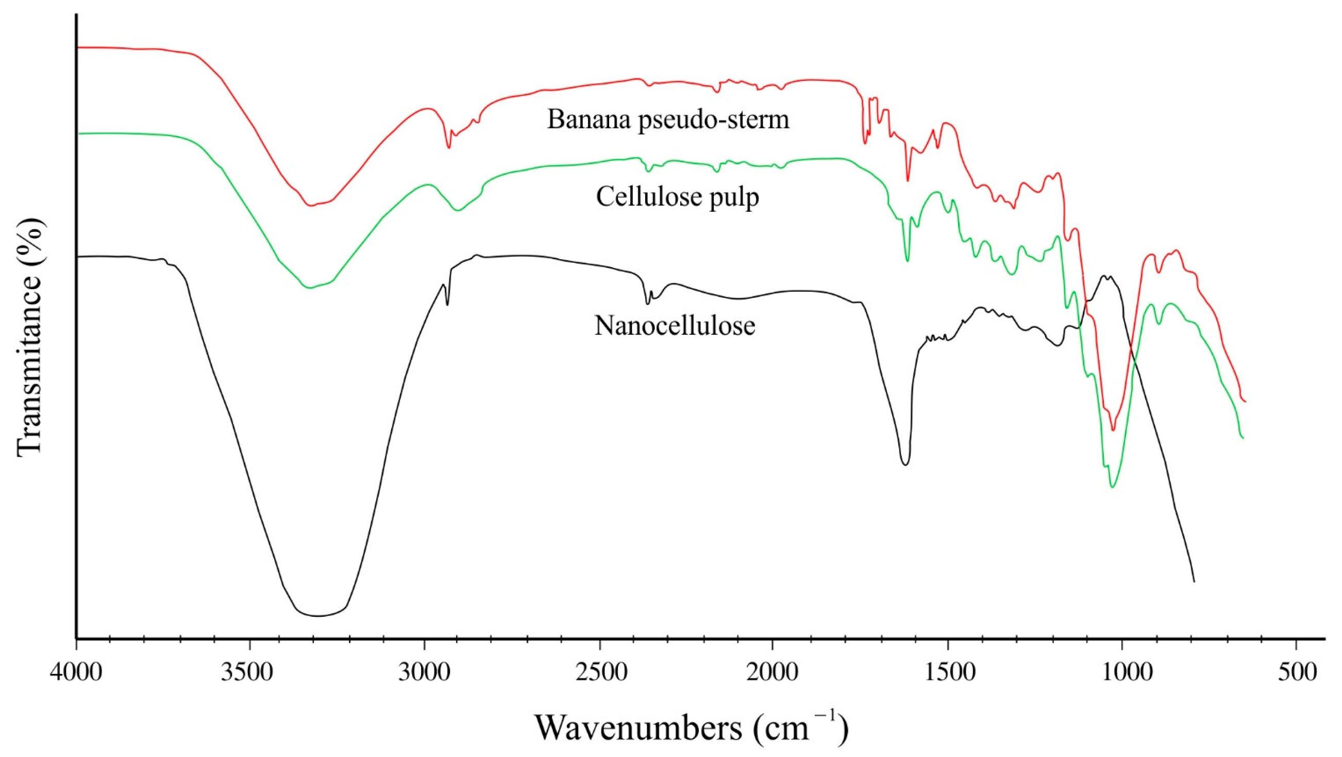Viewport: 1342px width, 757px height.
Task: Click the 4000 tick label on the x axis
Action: [x=76, y=673]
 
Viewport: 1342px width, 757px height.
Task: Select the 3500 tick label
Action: [x=250, y=673]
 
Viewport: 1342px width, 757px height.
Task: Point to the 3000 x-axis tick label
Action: [x=425, y=673]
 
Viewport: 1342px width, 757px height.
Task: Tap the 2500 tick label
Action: [x=599, y=673]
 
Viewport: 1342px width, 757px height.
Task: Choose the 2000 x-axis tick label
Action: [x=773, y=673]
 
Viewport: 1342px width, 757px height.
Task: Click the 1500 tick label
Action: [x=947, y=673]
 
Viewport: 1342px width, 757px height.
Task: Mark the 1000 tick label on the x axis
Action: [x=1121, y=673]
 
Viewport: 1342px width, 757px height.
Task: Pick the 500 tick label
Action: [x=1296, y=673]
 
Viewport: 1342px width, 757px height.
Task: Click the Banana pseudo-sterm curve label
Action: [x=668, y=120]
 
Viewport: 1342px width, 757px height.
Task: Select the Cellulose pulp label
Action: [x=677, y=197]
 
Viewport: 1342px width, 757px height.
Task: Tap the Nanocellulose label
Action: [x=675, y=327]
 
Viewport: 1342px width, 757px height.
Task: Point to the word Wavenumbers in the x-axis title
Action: [x=638, y=728]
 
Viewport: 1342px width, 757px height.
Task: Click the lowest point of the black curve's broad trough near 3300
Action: [x=318, y=616]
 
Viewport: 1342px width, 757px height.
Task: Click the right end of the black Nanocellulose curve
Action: [x=1194, y=582]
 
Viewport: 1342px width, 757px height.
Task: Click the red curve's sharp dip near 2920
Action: [x=448, y=148]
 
